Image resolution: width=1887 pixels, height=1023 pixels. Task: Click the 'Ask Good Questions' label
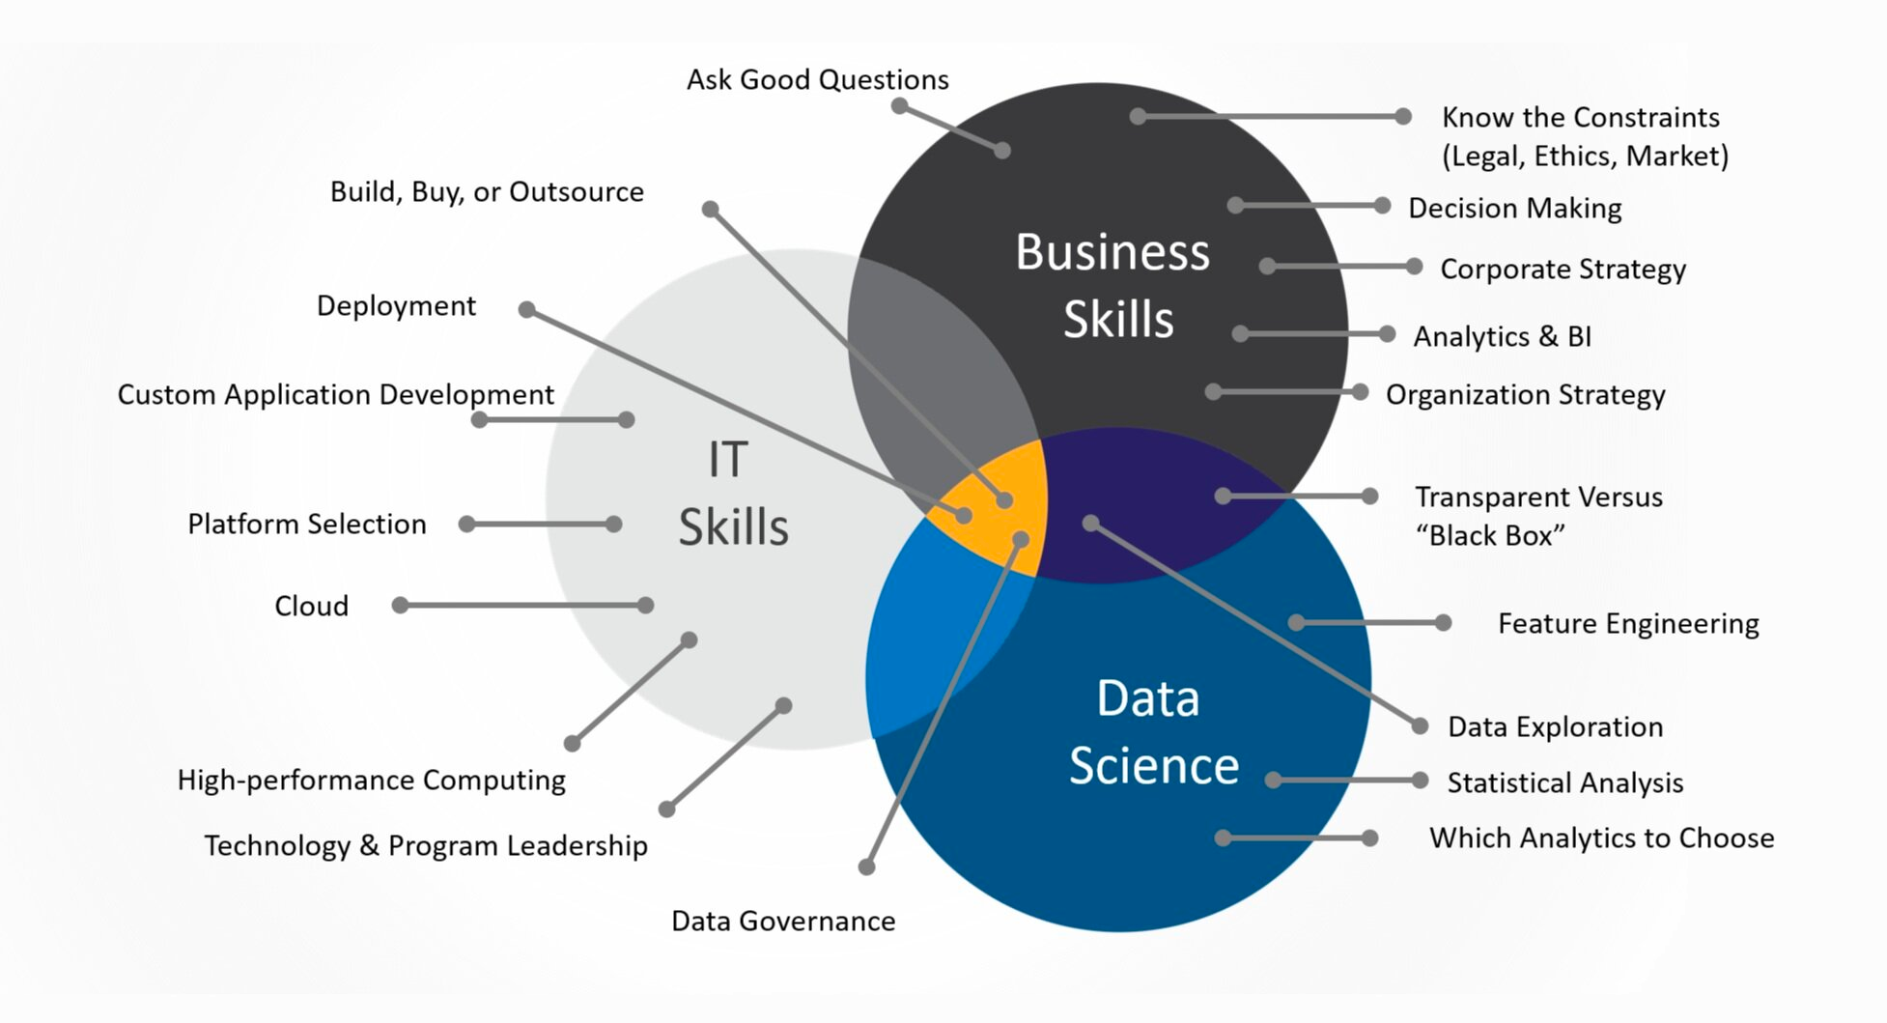[x=817, y=80]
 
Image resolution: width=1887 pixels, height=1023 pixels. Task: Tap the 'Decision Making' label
[x=1514, y=209]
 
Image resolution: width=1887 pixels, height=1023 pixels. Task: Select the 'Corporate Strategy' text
[x=1563, y=270]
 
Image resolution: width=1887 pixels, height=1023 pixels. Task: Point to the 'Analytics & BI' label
[x=1502, y=336]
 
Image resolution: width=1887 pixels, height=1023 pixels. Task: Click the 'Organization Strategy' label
[x=1525, y=395]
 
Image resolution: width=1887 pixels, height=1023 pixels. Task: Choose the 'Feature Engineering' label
[x=1628, y=624]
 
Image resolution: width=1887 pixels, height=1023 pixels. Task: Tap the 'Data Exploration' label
[x=1555, y=726]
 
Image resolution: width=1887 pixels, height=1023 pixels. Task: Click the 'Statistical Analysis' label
[x=1564, y=782]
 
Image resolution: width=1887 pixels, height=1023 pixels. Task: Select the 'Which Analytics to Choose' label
[x=1601, y=838]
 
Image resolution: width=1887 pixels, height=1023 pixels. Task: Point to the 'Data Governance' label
[x=783, y=921]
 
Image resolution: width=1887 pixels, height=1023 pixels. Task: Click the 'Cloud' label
[x=311, y=606]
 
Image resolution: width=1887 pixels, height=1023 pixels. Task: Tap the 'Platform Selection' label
[x=307, y=524]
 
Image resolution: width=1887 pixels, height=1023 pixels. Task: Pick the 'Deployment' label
[x=396, y=306]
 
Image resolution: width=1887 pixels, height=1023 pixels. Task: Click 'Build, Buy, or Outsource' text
[x=487, y=192]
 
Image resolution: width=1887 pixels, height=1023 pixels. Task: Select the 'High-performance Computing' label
[x=371, y=781]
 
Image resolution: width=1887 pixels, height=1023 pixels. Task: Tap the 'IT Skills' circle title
[x=733, y=493]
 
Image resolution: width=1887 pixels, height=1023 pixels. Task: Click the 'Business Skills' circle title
[x=1113, y=285]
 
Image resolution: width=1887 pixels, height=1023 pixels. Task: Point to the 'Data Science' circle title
[x=1153, y=731]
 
